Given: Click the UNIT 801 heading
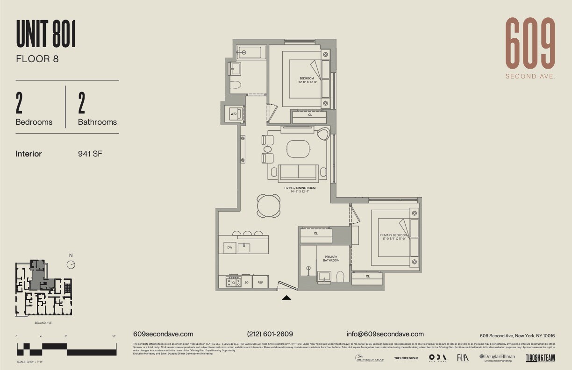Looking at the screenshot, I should click(x=46, y=34).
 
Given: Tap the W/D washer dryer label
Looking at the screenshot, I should click(x=233, y=114).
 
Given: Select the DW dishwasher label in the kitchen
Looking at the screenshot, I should click(x=229, y=247).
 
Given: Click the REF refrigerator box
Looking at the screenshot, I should click(x=260, y=282).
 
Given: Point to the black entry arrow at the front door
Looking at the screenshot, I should click(x=286, y=297).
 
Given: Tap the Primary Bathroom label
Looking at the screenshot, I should click(x=331, y=258).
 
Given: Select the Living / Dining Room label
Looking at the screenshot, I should click(x=300, y=190).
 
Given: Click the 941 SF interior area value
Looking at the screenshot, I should click(x=90, y=154).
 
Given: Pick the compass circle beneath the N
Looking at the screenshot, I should click(x=71, y=264).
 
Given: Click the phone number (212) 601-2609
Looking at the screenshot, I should click(x=270, y=334).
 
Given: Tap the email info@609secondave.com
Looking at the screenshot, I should click(x=385, y=334).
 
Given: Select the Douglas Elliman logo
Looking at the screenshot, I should click(x=497, y=357).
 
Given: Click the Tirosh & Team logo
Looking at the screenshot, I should click(x=540, y=358).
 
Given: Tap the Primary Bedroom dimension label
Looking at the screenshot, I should click(x=393, y=237).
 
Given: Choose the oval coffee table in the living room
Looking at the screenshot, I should click(x=298, y=149).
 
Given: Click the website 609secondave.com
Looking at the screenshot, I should click(x=163, y=334).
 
